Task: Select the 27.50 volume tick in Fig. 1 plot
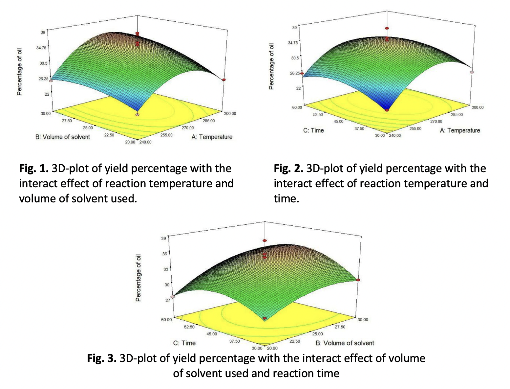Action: (67, 121)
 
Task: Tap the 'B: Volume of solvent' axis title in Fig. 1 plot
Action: (62, 137)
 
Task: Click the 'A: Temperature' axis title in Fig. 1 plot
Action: (212, 137)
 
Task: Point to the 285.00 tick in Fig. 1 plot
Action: (208, 121)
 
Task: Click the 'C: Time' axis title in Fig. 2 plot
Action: (313, 130)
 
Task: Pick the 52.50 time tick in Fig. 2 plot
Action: (318, 114)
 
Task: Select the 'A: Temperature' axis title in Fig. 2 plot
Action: (459, 130)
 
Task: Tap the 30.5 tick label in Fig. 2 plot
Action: (295, 58)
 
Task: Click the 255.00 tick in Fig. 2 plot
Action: (415, 128)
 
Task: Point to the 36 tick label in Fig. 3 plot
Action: (164, 254)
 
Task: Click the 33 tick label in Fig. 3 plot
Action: (165, 269)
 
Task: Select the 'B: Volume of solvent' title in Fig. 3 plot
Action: (345, 343)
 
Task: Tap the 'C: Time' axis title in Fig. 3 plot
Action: (184, 343)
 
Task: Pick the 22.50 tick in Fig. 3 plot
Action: (295, 341)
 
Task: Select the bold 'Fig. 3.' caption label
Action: (102, 358)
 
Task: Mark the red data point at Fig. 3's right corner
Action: (358, 280)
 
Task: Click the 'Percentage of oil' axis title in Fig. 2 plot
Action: (271, 66)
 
